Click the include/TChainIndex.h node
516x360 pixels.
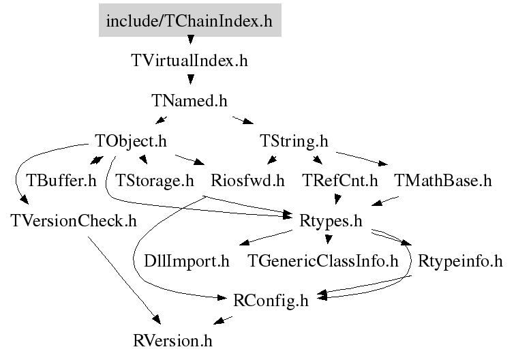(190, 20)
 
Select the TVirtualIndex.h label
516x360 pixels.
(189, 61)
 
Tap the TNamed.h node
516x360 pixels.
(189, 100)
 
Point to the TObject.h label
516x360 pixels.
(131, 141)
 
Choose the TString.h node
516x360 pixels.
(294, 141)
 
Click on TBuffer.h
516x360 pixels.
(61, 181)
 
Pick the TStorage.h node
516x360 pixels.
(154, 181)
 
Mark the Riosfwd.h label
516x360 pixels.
(247, 181)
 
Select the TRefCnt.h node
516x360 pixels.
(340, 181)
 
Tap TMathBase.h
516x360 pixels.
(442, 181)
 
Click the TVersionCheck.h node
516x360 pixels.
(74, 220)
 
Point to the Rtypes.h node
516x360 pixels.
(331, 221)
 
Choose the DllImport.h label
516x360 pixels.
(187, 261)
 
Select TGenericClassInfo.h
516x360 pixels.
(323, 261)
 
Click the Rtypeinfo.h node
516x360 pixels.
(460, 261)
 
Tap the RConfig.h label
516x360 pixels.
(271, 301)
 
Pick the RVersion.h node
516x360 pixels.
(172, 341)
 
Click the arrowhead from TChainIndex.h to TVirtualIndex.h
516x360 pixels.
(190, 40)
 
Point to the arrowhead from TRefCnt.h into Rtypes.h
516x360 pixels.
(337, 199)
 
